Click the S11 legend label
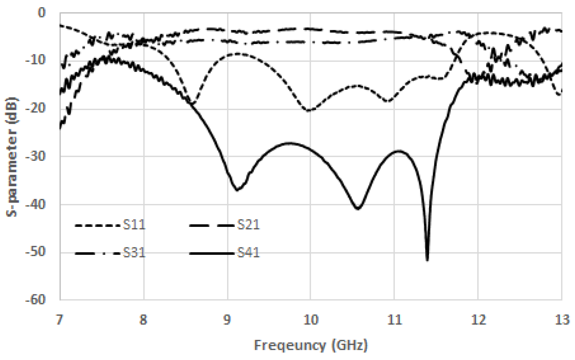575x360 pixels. coord(134,225)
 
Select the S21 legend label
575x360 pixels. coord(248,225)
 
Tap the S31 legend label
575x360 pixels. coord(134,253)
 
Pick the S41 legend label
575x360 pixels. coord(248,253)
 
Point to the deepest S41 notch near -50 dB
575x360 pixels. coord(427,259)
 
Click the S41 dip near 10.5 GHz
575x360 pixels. coord(358,208)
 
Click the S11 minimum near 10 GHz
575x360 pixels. coord(309,111)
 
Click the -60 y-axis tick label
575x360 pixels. coord(36,300)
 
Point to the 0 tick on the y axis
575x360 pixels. coord(42,13)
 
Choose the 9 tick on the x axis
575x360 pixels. coord(227,320)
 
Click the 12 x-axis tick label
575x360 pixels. coord(478,320)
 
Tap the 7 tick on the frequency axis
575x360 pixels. coord(60,320)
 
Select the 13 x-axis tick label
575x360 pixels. coord(562,320)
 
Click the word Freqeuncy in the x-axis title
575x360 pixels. coord(290,345)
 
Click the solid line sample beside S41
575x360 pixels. coord(211,253)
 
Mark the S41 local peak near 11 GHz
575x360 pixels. coord(399,151)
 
